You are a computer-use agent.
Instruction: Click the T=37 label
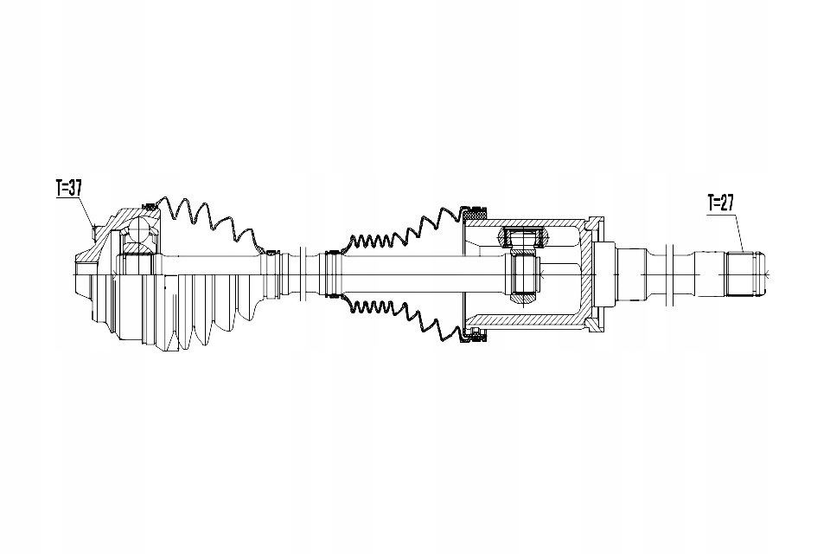point(69,188)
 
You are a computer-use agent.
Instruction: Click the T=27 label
point(721,203)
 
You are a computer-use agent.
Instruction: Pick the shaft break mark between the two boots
point(303,274)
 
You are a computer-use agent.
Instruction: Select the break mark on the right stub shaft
point(670,274)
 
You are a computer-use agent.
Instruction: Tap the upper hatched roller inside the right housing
point(522,237)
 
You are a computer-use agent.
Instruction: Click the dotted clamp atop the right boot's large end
point(473,212)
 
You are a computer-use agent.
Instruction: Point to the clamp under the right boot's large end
point(473,335)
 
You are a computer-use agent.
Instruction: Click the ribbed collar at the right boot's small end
point(334,274)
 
